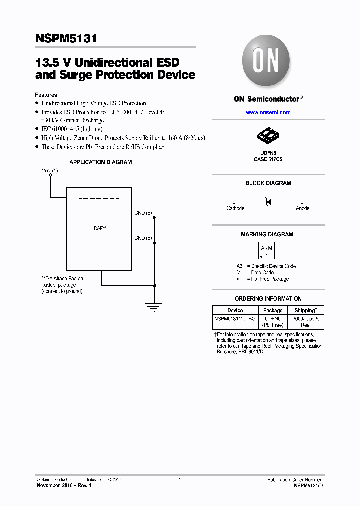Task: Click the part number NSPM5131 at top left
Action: pyautogui.click(x=66, y=38)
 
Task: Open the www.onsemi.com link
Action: pyautogui.click(x=268, y=113)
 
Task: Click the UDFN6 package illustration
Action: pyautogui.click(x=268, y=135)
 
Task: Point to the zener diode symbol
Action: pyautogui.click(x=267, y=201)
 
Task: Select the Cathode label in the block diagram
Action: pyautogui.click(x=235, y=208)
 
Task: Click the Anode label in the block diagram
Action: pyautogui.click(x=302, y=208)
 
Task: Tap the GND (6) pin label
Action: pyautogui.click(x=143, y=213)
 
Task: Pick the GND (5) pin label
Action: pyautogui.click(x=143, y=238)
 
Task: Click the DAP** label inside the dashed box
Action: pyautogui.click(x=100, y=228)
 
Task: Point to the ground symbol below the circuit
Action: pyautogui.click(x=155, y=305)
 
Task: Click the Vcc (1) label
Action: pyautogui.click(x=50, y=171)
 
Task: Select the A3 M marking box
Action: pyautogui.click(x=267, y=250)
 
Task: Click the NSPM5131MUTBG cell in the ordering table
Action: pyautogui.click(x=235, y=318)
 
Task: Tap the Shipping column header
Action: pyautogui.click(x=305, y=310)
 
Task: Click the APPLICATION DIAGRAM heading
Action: pyautogui.click(x=101, y=162)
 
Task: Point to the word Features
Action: pyautogui.click(x=46, y=95)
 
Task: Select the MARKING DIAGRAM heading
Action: pyautogui.click(x=267, y=234)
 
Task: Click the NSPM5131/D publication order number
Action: pyautogui.click(x=308, y=486)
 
